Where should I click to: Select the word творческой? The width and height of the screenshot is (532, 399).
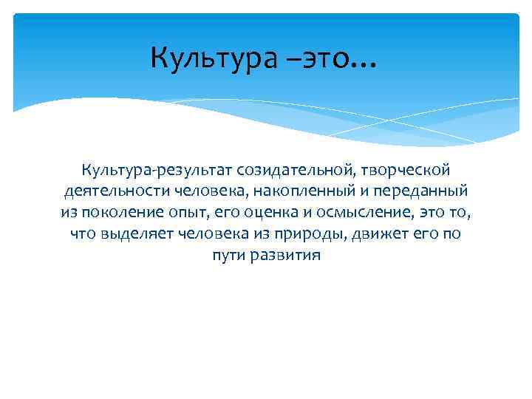(x=409, y=171)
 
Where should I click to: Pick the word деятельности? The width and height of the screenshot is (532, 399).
(x=117, y=192)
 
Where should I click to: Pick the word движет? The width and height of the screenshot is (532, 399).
(x=400, y=235)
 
